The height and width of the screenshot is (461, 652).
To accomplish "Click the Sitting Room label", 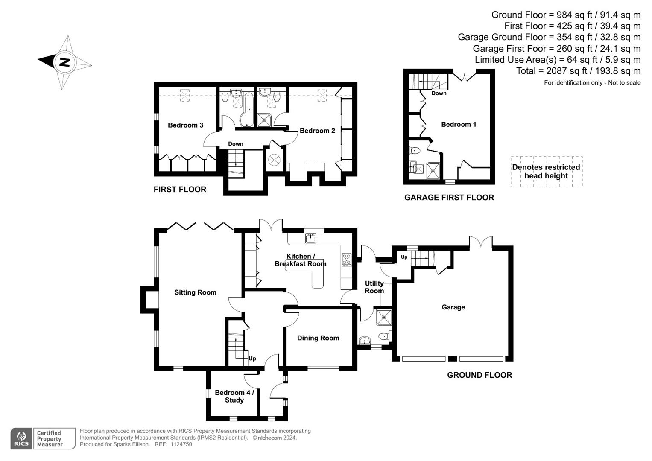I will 195,292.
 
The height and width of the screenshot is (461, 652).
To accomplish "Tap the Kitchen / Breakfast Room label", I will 300,260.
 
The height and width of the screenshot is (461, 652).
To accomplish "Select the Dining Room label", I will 318,338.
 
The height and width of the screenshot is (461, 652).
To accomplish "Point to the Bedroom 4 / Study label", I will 234,396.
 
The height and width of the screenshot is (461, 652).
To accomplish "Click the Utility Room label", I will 374,287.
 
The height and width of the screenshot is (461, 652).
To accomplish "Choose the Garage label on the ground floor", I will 453,307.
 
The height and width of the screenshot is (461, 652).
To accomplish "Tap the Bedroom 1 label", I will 459,125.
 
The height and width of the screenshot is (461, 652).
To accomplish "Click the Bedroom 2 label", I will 317,131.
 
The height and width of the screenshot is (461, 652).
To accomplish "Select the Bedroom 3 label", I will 185,125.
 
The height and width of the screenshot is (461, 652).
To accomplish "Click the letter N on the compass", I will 64,62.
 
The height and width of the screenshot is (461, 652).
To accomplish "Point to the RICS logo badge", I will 21,438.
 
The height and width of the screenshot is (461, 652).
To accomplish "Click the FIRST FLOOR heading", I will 180,190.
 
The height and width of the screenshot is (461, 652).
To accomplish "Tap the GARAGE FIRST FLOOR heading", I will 449,198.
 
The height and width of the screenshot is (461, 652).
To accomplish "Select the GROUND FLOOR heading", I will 479,375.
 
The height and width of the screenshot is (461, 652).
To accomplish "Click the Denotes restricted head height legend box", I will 546,172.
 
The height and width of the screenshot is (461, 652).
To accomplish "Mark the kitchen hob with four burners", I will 346,260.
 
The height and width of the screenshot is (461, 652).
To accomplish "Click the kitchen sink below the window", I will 311,238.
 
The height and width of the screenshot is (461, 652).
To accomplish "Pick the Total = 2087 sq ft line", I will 578,71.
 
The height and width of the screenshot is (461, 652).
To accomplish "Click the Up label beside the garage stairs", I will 404,257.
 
